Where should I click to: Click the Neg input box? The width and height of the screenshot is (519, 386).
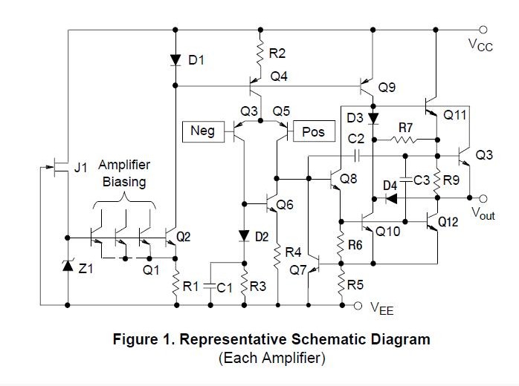pyautogui.click(x=203, y=131)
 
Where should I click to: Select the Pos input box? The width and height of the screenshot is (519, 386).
pyautogui.click(x=314, y=131)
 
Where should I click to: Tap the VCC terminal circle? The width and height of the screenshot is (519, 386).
pyautogui.click(x=483, y=30)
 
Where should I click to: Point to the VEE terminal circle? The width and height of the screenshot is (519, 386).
pyautogui.click(x=358, y=306)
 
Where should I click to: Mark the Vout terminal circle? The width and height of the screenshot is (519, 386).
pyautogui.click(x=483, y=199)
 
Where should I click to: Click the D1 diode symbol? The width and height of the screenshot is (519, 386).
pyautogui.click(x=175, y=60)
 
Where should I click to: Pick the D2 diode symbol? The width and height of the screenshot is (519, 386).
pyautogui.click(x=244, y=236)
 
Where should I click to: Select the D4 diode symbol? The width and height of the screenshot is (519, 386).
pyautogui.click(x=392, y=199)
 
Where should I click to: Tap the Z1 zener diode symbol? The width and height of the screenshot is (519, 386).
pyautogui.click(x=68, y=266)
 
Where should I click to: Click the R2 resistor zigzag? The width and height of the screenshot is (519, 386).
pyautogui.click(x=260, y=53)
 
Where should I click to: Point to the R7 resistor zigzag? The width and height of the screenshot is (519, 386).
pyautogui.click(x=404, y=140)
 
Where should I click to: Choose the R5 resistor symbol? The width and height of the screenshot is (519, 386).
pyautogui.click(x=341, y=284)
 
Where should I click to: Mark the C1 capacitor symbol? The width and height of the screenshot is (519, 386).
pyautogui.click(x=210, y=287)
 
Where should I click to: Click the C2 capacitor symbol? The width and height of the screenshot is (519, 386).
pyautogui.click(x=357, y=156)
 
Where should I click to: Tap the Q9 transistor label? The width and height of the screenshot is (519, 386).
pyautogui.click(x=387, y=88)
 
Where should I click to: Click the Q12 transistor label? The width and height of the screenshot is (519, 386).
pyautogui.click(x=448, y=222)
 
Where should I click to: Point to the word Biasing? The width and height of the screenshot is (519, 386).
pyautogui.click(x=124, y=182)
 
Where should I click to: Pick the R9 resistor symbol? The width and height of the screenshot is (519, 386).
pyautogui.click(x=437, y=181)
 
